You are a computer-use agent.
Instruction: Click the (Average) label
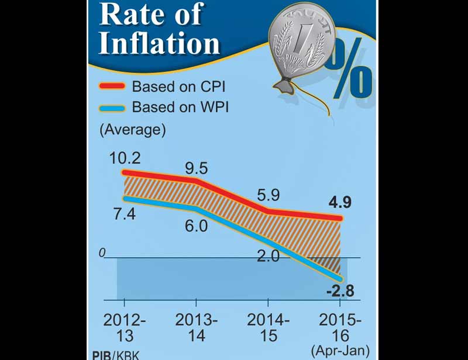click(x=132, y=129)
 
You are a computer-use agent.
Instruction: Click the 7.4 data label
click(x=123, y=213)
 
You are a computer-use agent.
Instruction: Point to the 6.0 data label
click(x=196, y=224)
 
